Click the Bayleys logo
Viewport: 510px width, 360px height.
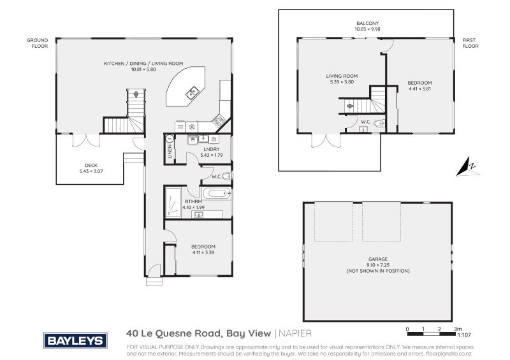click(73, 340)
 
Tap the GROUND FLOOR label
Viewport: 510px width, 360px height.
click(37, 43)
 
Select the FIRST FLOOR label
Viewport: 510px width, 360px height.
click(470, 43)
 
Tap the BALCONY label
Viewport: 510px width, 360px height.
click(367, 22)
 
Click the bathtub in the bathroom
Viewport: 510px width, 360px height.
click(215, 194)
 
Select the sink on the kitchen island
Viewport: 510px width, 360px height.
click(191, 94)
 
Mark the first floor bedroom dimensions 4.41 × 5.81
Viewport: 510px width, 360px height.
click(420, 88)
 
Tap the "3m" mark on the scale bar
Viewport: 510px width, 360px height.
click(458, 329)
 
